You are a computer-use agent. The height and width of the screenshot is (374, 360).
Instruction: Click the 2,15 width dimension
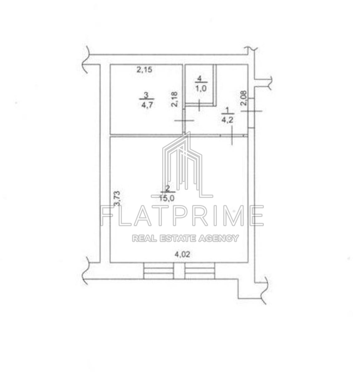(144, 70)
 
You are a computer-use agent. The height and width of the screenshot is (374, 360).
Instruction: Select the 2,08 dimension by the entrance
(243, 98)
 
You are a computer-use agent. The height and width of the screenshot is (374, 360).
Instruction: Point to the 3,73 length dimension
(117, 199)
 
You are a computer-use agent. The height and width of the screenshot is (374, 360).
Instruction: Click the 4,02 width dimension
(182, 254)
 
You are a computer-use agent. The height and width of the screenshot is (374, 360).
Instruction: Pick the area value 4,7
(147, 105)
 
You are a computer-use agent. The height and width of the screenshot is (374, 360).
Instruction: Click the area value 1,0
(201, 89)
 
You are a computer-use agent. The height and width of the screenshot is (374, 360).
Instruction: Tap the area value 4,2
(228, 120)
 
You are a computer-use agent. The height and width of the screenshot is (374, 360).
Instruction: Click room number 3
(146, 95)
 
